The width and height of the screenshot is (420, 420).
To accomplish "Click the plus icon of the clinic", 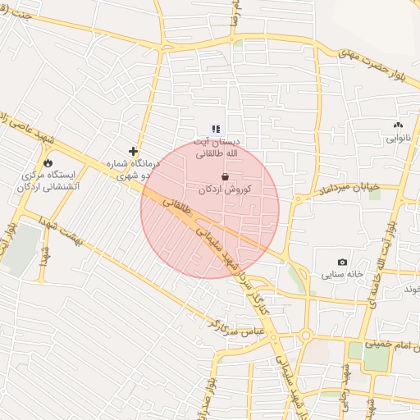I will pos(133,151).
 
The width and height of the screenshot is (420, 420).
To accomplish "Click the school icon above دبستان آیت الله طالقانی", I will pos(216,129).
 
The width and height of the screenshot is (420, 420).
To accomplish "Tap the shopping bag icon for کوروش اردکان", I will pos(225,176).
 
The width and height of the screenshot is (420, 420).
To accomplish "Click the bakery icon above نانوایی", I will pos(399,126).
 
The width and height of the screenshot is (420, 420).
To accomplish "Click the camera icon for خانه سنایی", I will pos(342,262).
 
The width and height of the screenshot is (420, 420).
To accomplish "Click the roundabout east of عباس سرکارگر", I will pos(305,335).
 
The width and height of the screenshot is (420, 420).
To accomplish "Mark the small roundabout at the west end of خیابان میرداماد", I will pos(298,199).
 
